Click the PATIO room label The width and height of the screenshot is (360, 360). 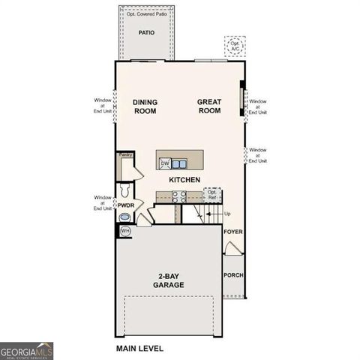click(x=146, y=32)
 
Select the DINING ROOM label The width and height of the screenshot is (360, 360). click(x=145, y=106)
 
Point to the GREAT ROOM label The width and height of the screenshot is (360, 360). click(x=209, y=106)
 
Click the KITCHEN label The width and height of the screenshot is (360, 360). click(x=184, y=180)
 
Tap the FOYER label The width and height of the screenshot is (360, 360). click(x=233, y=232)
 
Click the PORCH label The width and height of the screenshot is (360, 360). click(x=233, y=275)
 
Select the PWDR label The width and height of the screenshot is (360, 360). click(x=126, y=204)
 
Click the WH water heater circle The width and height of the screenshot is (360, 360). click(x=126, y=231)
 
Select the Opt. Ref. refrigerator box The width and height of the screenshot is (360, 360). click(x=212, y=194)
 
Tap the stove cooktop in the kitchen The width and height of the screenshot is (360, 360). click(x=180, y=196)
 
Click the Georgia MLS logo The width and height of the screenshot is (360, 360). click(x=26, y=350)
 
